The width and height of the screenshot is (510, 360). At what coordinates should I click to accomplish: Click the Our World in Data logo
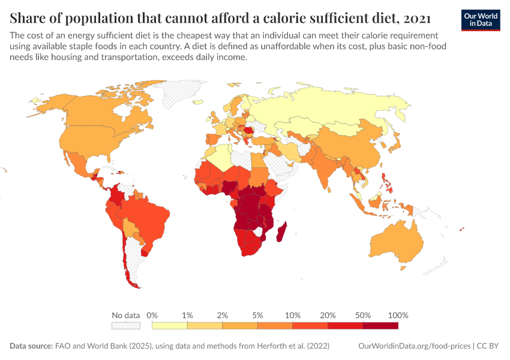point(480,20)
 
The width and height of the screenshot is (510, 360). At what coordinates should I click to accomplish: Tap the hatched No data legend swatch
point(125,325)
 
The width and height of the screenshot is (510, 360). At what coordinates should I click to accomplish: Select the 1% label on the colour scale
point(187,315)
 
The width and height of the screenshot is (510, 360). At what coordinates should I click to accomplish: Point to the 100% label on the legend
point(398,315)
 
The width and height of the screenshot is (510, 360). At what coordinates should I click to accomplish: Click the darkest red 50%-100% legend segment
point(380,325)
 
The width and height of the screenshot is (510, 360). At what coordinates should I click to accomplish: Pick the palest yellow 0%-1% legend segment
point(170,325)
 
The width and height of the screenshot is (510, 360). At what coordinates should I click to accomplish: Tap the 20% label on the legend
point(328,315)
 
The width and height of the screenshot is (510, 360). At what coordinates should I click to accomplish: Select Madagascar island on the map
point(280,232)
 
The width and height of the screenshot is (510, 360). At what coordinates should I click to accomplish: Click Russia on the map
point(336,108)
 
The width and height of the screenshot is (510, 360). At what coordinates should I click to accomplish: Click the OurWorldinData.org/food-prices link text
point(414,346)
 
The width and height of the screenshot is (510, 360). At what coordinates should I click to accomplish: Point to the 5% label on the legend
point(257,315)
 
